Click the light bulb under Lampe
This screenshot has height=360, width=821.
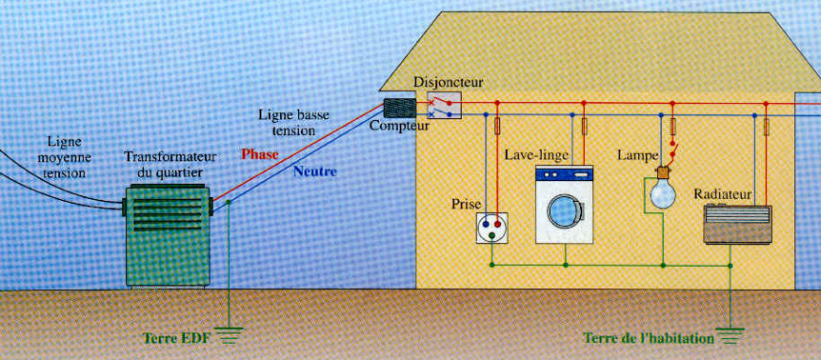click(x=661, y=193)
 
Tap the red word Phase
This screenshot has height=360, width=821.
click(x=260, y=153)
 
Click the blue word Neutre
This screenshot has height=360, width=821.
click(x=314, y=172)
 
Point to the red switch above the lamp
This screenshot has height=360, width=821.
click(x=675, y=150)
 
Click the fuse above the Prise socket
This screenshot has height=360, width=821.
click(x=496, y=126)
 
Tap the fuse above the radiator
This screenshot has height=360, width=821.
click(x=766, y=127)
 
